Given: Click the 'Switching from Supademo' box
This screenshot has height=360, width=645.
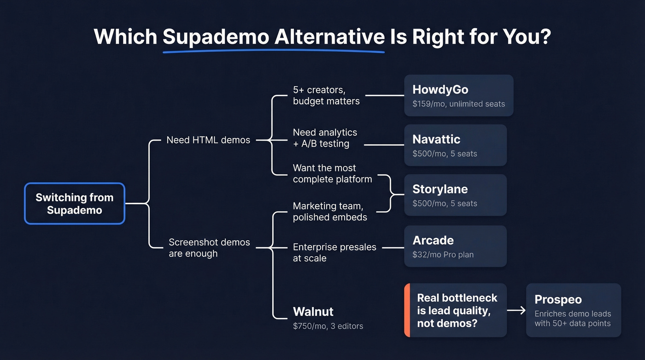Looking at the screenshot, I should coord(74,204).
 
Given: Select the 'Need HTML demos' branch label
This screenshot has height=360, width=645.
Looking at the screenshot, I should coord(208,140).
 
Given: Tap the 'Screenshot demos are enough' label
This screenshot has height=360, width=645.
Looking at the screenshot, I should coord(209,248).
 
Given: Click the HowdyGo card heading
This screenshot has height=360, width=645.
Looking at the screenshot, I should coord(440,89).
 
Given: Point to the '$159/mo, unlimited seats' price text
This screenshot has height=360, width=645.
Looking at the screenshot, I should coord(458,104).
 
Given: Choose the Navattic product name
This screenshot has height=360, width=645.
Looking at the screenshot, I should coord(436,139).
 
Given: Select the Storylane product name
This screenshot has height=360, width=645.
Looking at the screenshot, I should coord(440,189).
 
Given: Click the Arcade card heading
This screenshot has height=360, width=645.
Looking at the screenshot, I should coord(433,240).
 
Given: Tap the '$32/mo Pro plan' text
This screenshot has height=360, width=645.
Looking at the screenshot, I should coord(443,254).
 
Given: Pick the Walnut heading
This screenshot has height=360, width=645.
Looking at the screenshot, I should coord(313,312).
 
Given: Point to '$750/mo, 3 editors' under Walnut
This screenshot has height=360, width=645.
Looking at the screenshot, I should coord(328,326).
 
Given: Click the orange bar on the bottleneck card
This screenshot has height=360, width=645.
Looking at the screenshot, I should coord(407,310).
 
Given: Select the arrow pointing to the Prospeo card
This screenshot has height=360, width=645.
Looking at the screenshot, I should coord(516,310).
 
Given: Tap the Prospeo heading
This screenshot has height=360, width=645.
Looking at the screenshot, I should coord(558,300).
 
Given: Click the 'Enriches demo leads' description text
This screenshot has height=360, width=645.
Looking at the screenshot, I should coord(573,314).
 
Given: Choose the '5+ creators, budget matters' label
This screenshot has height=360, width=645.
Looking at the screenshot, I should coord(326,95).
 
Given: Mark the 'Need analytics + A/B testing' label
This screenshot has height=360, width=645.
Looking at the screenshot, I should coord(325,138).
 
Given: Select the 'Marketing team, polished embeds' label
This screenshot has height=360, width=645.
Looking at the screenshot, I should coord(330,212).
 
